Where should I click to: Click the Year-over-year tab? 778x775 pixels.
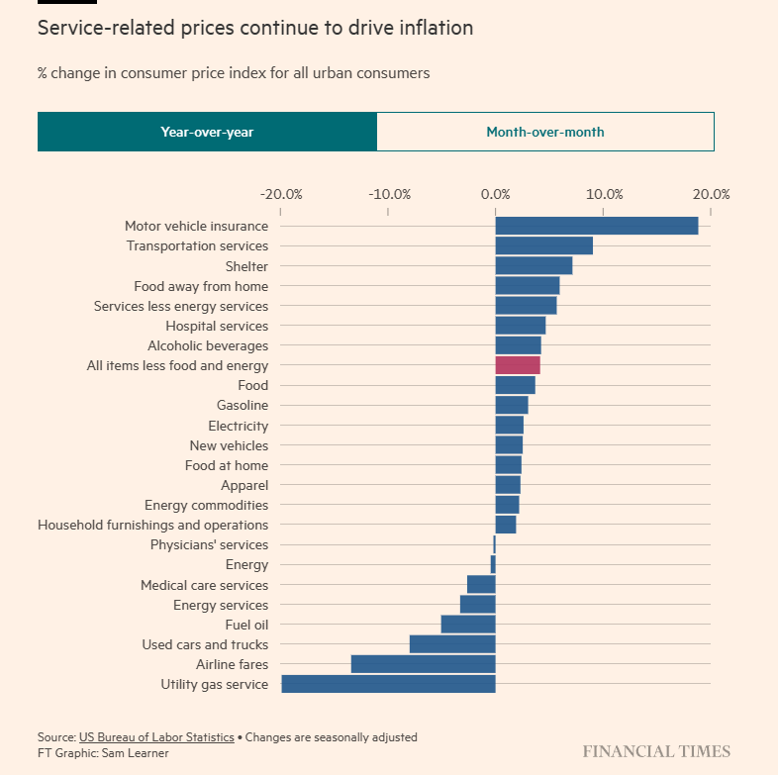click(x=207, y=132)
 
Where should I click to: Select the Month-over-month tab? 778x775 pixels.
click(x=544, y=132)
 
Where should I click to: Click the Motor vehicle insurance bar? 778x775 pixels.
click(x=596, y=226)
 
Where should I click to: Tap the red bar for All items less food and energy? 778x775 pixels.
click(x=518, y=365)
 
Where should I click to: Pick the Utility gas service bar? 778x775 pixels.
click(x=388, y=684)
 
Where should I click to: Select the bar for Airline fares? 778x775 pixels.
click(x=423, y=664)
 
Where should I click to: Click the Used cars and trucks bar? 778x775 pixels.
click(x=452, y=644)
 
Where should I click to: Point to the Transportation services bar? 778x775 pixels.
click(x=543, y=245)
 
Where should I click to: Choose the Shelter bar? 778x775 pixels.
click(x=534, y=265)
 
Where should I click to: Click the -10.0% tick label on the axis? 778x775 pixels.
click(x=388, y=194)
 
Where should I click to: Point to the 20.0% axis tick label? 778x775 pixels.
click(x=710, y=194)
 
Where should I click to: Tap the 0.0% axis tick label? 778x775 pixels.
click(x=496, y=194)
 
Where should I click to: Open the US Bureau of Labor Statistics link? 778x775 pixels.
click(x=156, y=737)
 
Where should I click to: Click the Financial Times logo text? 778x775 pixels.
click(x=655, y=751)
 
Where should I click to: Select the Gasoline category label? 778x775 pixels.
click(x=243, y=405)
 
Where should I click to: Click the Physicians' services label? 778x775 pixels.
click(x=209, y=544)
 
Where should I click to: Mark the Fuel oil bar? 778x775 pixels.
click(x=468, y=625)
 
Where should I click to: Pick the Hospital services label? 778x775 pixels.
click(x=217, y=326)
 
